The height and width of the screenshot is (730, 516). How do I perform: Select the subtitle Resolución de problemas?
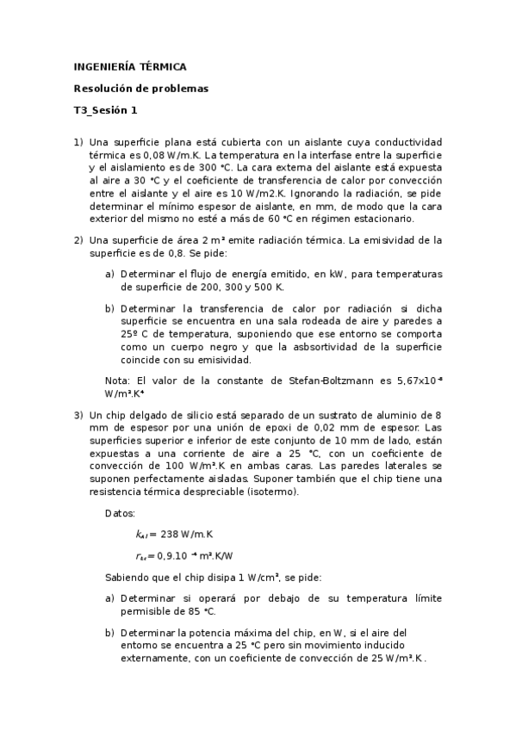point(140,88)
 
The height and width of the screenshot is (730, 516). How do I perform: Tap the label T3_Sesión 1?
point(105,110)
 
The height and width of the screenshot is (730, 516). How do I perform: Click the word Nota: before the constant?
point(117,380)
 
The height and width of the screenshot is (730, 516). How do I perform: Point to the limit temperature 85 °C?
point(196,611)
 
